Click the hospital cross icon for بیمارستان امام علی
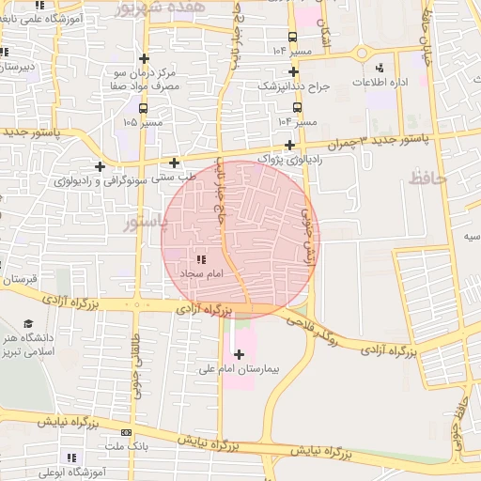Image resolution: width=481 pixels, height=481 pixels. tap(239, 354)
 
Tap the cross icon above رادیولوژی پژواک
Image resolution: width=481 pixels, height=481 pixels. tap(290, 145)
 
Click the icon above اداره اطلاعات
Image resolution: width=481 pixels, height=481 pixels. tap(380, 68)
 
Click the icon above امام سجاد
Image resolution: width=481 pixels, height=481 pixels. tap(199, 257)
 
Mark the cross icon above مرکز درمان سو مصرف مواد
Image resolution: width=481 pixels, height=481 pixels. tap(143, 58)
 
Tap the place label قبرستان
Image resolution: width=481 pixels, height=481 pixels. tap(18, 279)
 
